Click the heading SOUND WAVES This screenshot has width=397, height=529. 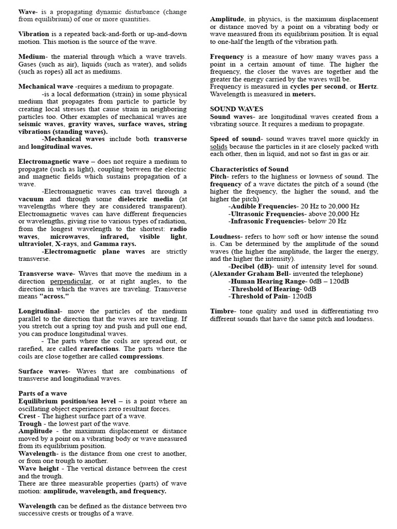point(236,109)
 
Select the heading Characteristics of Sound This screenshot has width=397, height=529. point(249,169)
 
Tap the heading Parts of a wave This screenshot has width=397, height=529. point(43,394)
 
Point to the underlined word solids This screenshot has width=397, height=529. point(219,147)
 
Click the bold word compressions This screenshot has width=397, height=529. point(141,356)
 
